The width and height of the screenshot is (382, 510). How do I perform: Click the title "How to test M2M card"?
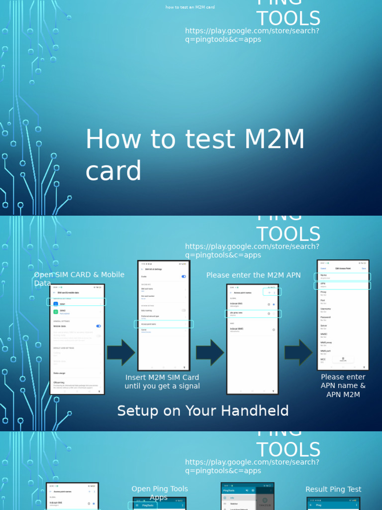point(195,155)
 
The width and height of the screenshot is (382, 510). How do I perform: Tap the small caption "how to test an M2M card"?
point(190,7)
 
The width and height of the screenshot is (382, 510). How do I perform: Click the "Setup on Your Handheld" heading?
point(203,411)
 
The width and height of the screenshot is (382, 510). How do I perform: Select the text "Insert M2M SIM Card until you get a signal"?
point(162,382)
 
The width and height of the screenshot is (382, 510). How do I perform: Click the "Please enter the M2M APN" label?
point(253,275)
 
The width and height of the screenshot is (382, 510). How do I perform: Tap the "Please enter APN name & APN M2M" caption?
point(343,385)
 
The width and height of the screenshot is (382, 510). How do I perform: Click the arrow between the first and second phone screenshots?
point(121,352)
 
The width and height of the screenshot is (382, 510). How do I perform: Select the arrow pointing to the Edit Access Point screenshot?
point(298,352)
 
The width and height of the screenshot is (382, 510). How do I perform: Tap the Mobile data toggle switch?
point(98,326)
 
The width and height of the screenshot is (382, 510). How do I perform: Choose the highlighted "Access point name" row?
point(164,324)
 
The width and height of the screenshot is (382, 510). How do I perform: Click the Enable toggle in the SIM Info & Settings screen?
point(184,276)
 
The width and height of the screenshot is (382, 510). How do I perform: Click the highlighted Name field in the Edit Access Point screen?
point(343,276)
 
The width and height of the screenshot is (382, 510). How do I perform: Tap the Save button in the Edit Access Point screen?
point(364,268)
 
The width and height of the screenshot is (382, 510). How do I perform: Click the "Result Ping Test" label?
point(333,490)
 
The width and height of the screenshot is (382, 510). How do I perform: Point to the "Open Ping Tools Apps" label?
point(160,493)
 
